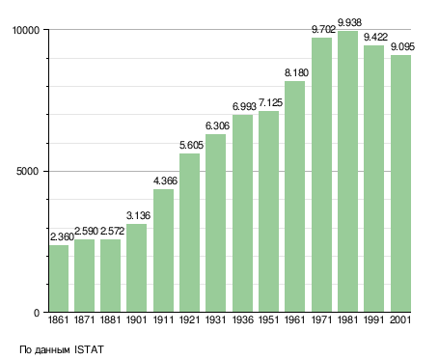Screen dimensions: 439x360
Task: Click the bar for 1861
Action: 59,279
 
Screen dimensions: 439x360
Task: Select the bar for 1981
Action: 347,172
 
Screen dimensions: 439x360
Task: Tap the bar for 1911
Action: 163,251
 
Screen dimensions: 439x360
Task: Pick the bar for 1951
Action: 268,211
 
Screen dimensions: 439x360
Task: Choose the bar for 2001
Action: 400,183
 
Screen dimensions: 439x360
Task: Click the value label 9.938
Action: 349,22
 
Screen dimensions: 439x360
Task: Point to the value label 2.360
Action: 63,237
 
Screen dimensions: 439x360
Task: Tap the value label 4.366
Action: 165,180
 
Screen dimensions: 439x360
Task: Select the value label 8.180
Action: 296,72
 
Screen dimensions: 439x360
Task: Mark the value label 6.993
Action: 244,106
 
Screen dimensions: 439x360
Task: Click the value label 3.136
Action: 138,215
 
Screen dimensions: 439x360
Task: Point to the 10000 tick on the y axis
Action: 25,30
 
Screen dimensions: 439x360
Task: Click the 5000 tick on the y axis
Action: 28,171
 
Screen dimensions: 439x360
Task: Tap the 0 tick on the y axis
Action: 37,313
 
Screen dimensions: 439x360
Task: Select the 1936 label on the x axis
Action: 242,320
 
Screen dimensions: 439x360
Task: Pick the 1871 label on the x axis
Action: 84,320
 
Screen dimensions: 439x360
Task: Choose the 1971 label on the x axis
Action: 321,320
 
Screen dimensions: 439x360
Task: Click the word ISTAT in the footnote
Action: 89,349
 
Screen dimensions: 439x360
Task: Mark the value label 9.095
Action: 402,47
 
